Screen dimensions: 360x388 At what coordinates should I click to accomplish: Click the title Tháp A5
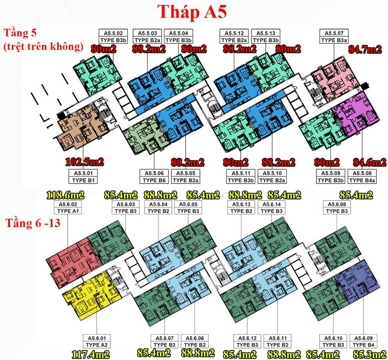click(192, 13)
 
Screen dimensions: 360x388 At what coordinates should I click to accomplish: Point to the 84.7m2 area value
click(365, 50)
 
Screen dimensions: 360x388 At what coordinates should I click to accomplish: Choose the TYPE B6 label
click(154, 180)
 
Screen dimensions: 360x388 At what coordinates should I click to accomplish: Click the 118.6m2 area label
click(66, 195)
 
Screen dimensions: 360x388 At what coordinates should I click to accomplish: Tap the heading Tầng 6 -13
click(32, 223)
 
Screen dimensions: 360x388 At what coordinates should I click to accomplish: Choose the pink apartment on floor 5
click(335, 80)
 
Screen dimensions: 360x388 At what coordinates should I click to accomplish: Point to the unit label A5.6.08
click(337, 205)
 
